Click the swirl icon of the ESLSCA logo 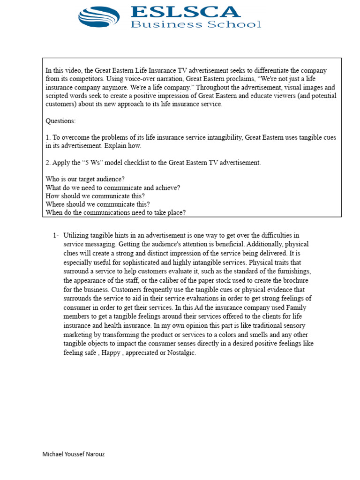[x=99, y=16]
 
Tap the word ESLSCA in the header [x=185, y=11]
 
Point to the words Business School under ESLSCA [x=195, y=24]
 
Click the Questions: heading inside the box [x=60, y=121]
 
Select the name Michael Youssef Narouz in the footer [x=74, y=454]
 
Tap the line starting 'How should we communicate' [x=95, y=196]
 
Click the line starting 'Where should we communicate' [x=98, y=204]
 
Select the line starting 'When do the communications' [x=116, y=213]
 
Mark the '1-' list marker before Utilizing [x=56, y=235]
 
